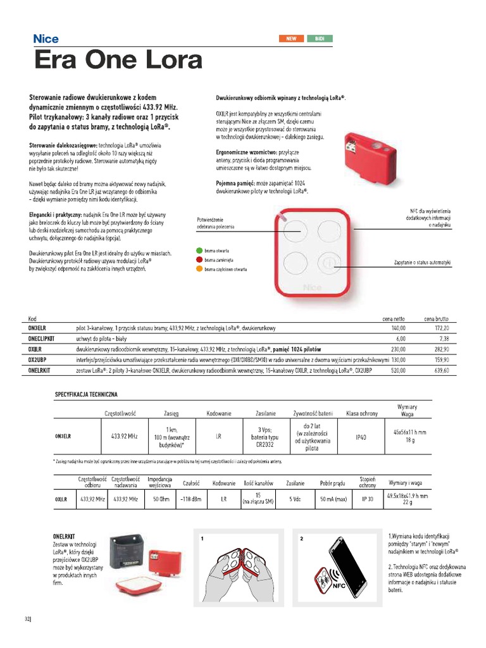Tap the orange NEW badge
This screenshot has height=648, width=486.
tap(291, 39)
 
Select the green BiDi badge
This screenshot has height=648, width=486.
tap(320, 39)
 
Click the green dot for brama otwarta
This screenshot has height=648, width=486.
tap(199, 251)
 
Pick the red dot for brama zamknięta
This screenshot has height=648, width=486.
tap(199, 259)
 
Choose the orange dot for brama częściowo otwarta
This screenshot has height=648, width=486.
tap(199, 269)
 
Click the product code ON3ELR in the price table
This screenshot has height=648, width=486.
tap(39, 329)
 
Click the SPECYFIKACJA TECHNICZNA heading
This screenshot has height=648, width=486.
tap(86, 394)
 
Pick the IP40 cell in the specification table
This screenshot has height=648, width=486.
tap(361, 437)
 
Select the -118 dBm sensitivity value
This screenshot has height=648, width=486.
tap(190, 499)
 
